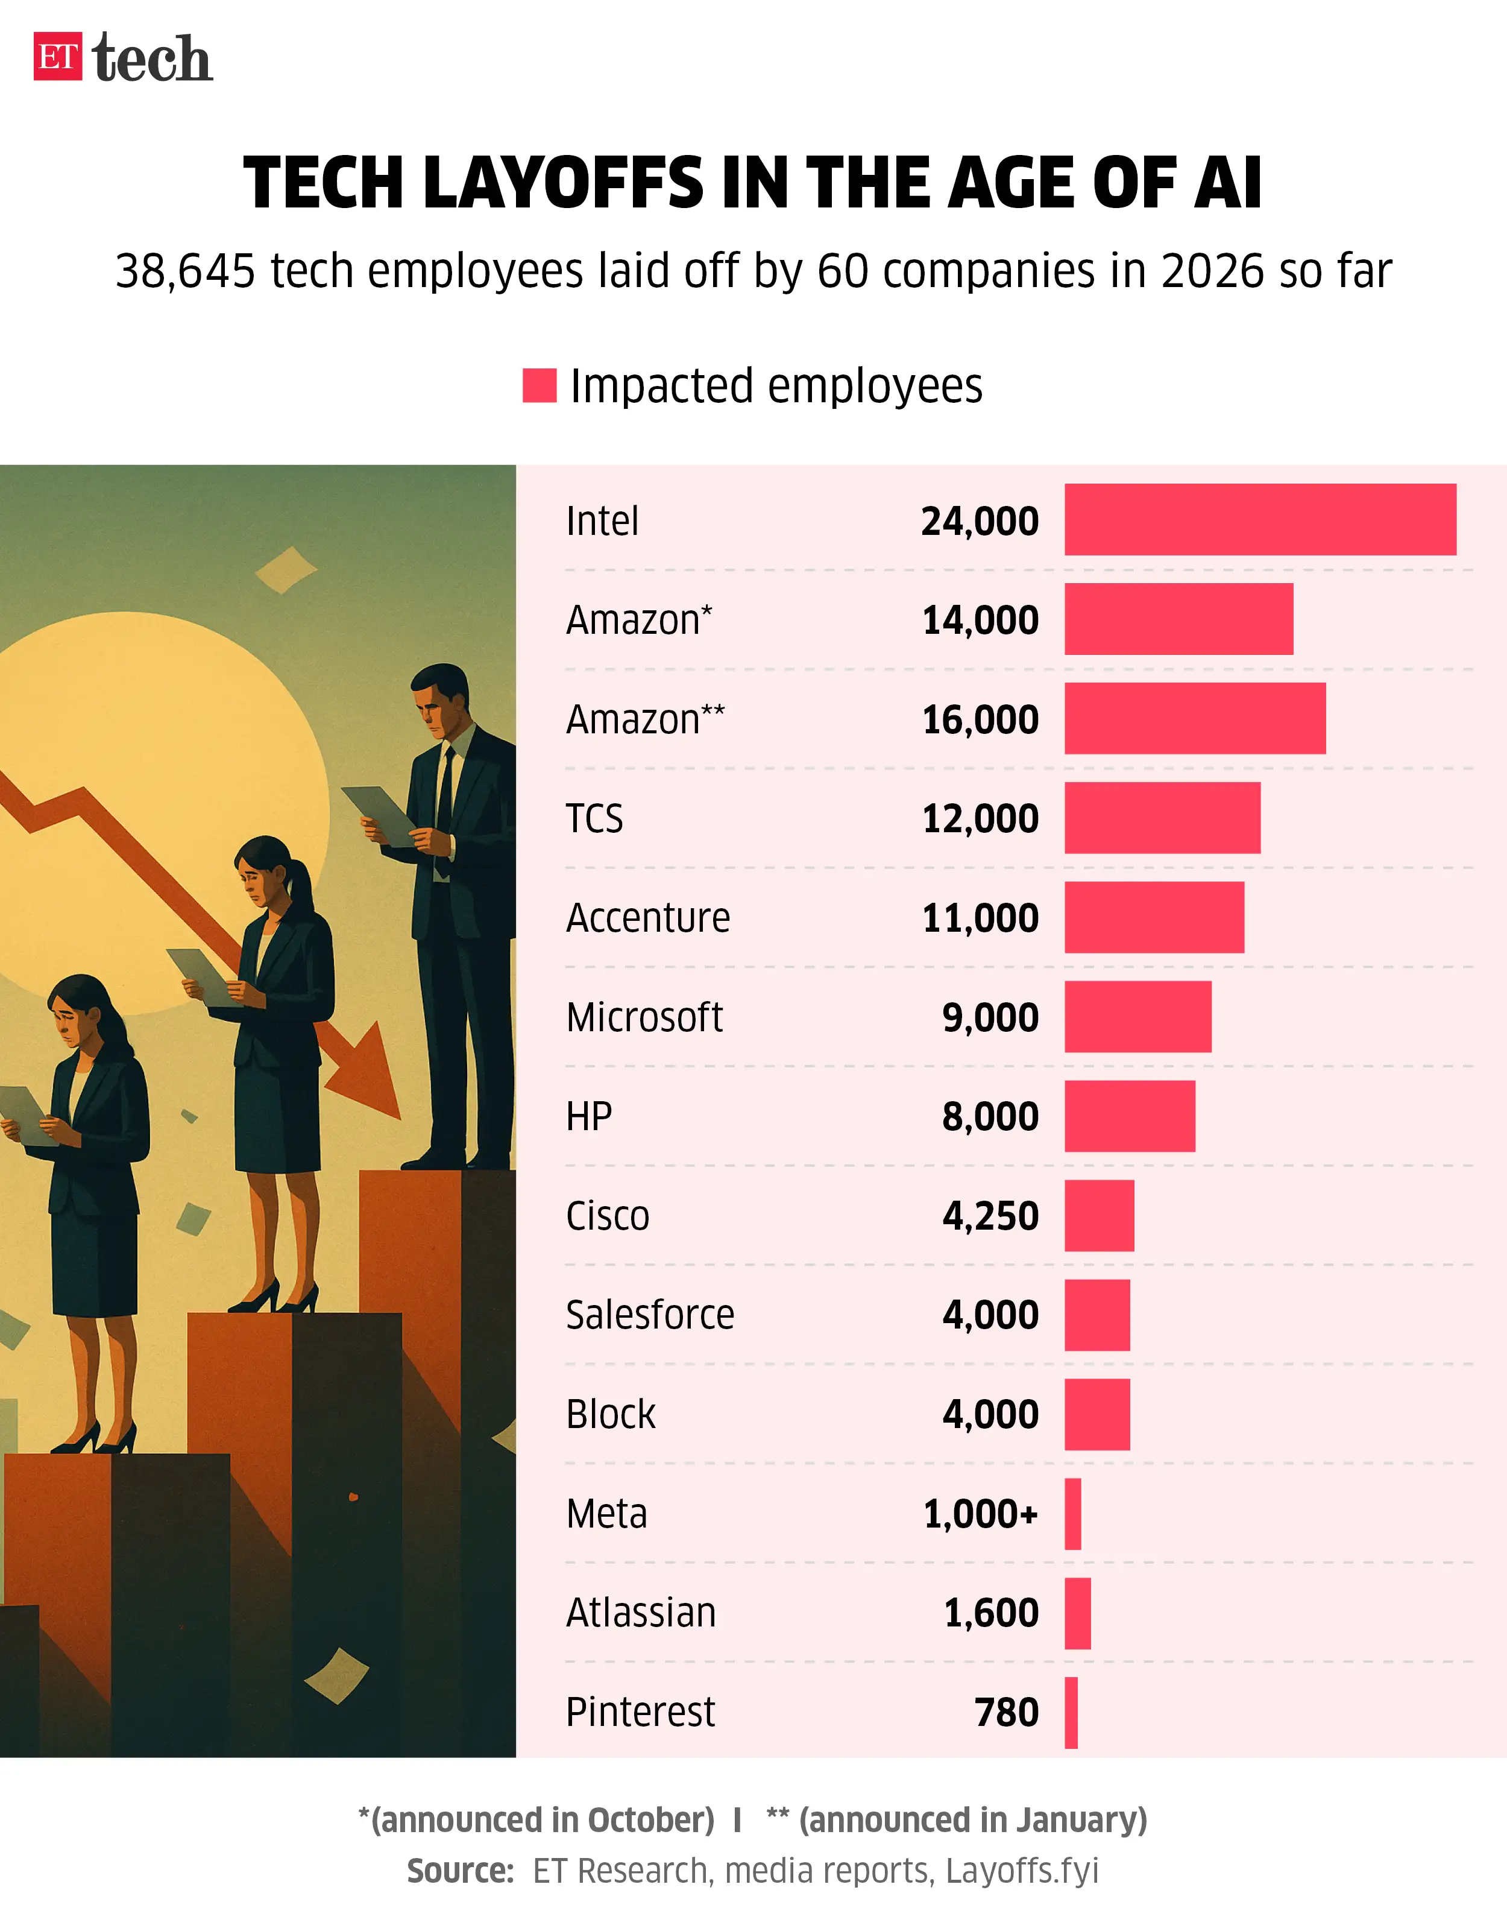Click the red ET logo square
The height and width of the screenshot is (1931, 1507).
[x=57, y=57]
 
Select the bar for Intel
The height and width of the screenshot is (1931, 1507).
[x=1259, y=520]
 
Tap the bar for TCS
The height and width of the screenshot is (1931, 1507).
[x=1162, y=818]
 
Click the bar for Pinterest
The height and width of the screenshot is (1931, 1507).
[x=1071, y=1713]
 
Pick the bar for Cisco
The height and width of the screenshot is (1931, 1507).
[x=1099, y=1216]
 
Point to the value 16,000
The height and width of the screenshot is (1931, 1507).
[x=980, y=719]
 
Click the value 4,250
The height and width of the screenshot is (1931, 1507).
[x=990, y=1216]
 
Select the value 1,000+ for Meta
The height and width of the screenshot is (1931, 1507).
[x=980, y=1514]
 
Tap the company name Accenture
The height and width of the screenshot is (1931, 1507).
[x=648, y=918]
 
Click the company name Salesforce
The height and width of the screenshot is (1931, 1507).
[x=650, y=1315]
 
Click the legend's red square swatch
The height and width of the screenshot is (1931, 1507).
[x=539, y=385]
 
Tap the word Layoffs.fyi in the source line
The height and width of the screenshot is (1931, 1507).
[x=1022, y=1871]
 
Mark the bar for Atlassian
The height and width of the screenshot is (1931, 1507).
[x=1077, y=1614]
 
